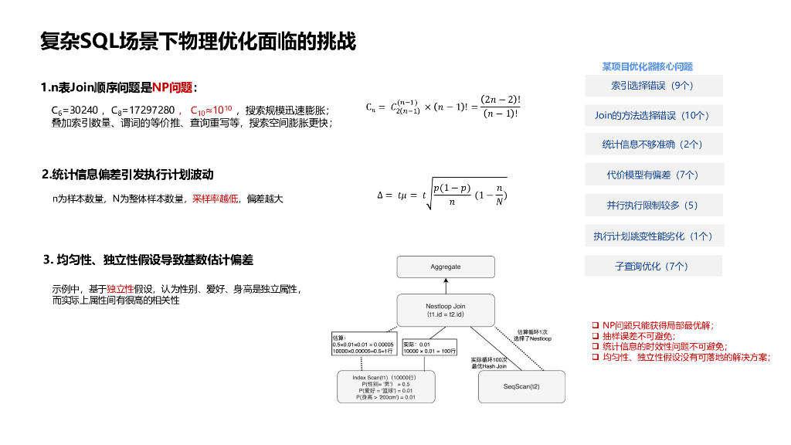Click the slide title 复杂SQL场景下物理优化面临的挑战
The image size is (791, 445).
[x=198, y=42]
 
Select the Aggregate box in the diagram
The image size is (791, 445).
[x=445, y=267]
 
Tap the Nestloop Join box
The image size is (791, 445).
[x=445, y=311]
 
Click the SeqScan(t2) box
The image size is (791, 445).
[x=521, y=386]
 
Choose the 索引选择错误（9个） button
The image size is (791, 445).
[x=653, y=86]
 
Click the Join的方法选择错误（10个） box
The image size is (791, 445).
[x=653, y=116]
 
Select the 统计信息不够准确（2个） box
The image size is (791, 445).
[x=653, y=144]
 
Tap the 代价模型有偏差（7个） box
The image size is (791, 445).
[x=653, y=175]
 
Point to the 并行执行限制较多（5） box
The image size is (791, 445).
[x=653, y=206]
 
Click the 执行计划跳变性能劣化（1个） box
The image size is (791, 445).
[x=653, y=236]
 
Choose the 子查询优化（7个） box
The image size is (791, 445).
[x=653, y=267]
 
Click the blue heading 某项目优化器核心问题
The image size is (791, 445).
[x=647, y=66]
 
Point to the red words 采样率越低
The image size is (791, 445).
[x=216, y=199]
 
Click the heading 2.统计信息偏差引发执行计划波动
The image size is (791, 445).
[x=127, y=174]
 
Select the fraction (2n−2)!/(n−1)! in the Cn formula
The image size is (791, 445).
[x=501, y=107]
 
